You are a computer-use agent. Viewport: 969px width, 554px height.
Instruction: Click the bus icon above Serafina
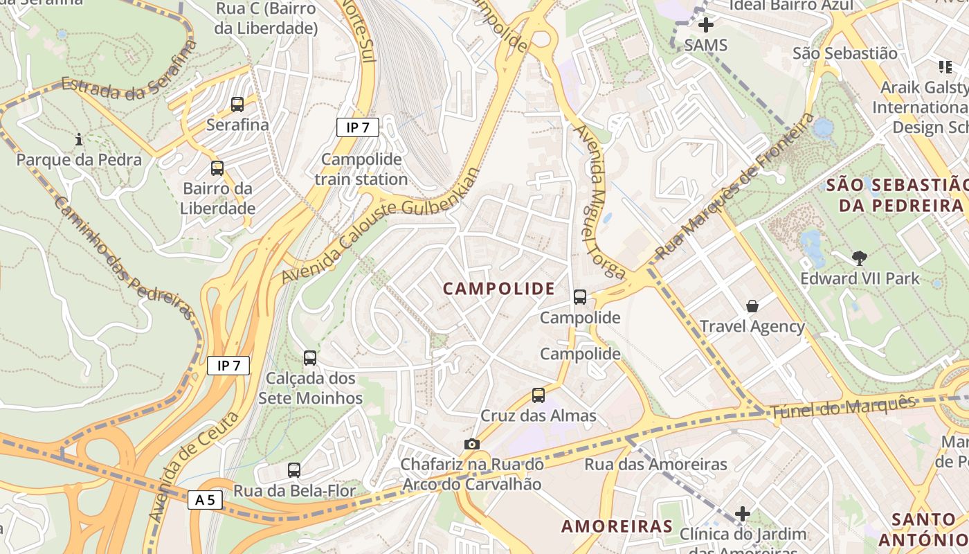pyautogui.click(x=237, y=105)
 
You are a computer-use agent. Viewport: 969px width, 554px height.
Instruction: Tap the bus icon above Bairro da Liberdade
pyautogui.click(x=217, y=168)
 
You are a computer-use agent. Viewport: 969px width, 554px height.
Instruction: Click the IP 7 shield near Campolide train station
pyautogui.click(x=358, y=127)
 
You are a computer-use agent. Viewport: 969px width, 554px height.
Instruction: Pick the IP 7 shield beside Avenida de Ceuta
pyautogui.click(x=228, y=366)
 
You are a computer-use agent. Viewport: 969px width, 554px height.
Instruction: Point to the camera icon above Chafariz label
pyautogui.click(x=471, y=444)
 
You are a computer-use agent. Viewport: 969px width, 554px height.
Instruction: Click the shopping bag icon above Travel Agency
pyautogui.click(x=752, y=305)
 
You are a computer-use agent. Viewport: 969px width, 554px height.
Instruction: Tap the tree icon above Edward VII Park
pyautogui.click(x=860, y=258)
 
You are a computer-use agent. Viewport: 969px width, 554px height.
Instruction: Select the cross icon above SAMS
pyautogui.click(x=705, y=26)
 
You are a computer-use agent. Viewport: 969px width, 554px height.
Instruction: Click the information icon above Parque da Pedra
pyautogui.click(x=79, y=139)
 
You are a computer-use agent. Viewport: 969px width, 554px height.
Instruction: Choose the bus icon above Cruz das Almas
pyautogui.click(x=538, y=395)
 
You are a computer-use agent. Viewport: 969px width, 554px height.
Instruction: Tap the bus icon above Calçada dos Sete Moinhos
pyautogui.click(x=310, y=358)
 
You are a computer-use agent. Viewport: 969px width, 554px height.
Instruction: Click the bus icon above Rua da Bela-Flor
pyautogui.click(x=294, y=470)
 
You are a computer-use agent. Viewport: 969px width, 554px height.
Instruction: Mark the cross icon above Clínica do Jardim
pyautogui.click(x=743, y=513)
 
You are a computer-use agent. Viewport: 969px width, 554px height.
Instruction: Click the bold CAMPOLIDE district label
pyautogui.click(x=498, y=289)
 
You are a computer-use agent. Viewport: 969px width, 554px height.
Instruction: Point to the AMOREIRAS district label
pyautogui.click(x=617, y=526)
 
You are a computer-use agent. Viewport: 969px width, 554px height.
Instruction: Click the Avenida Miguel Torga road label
pyautogui.click(x=598, y=201)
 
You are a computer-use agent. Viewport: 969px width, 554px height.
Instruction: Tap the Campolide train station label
pyautogui.click(x=361, y=169)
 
